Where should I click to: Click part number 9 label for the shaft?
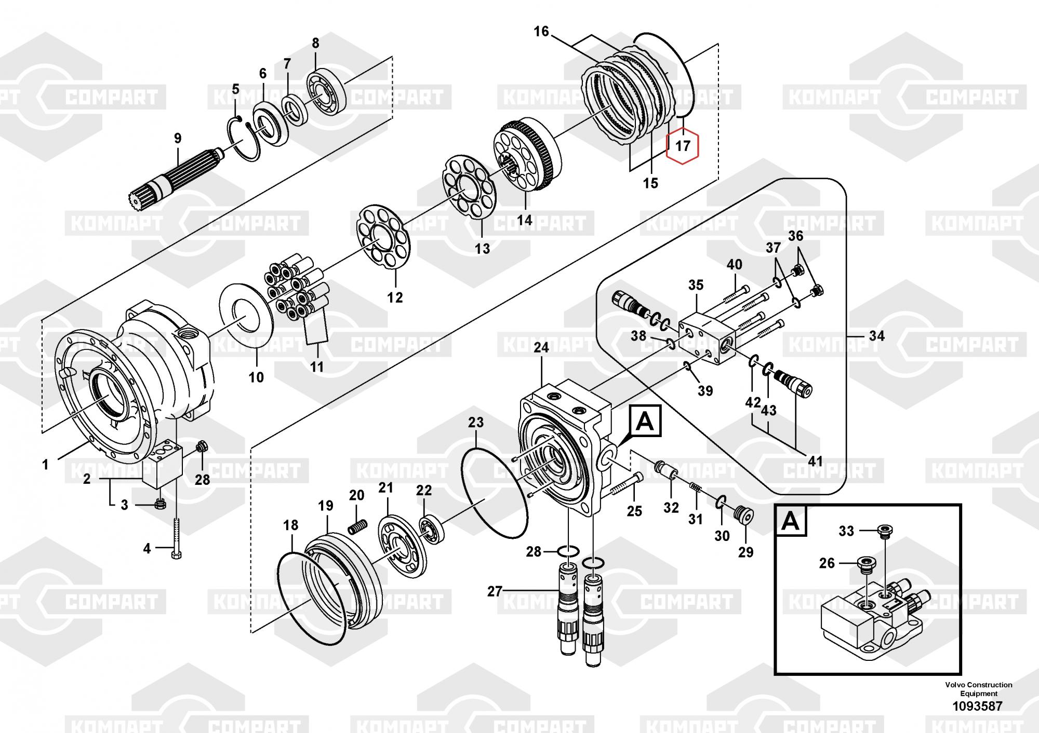178,139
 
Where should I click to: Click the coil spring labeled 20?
357,526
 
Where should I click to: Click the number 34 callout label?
876,336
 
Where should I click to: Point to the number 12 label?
395,297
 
